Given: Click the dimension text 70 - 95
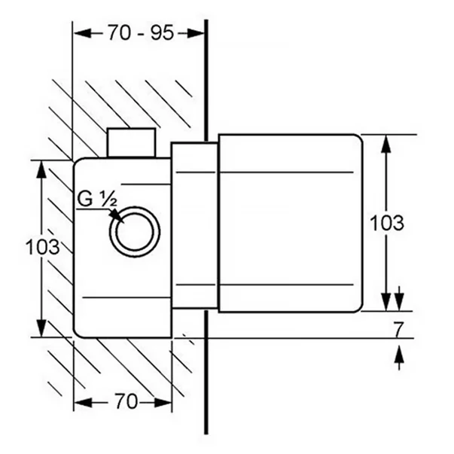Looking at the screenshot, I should [x=140, y=32].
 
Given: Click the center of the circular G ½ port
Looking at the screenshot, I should [x=136, y=230].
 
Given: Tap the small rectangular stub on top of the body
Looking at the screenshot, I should [x=132, y=143].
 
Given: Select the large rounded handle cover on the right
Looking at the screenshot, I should [x=290, y=223].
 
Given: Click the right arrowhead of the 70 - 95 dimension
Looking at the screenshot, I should [x=197, y=32].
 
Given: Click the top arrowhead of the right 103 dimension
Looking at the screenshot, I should [x=386, y=143].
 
